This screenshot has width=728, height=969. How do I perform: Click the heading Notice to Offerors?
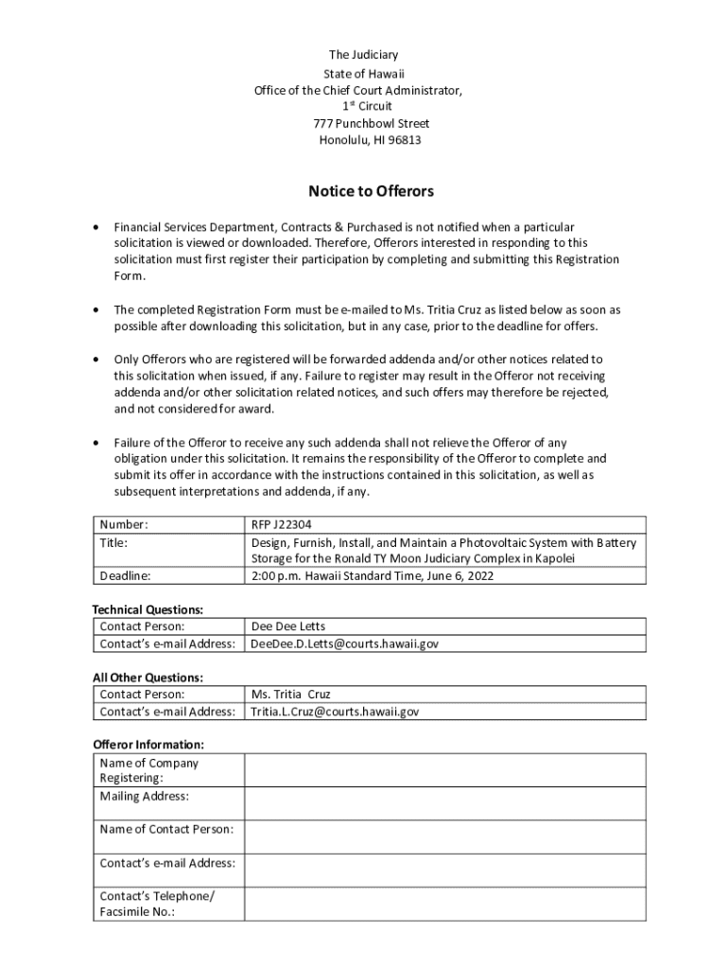click(371, 191)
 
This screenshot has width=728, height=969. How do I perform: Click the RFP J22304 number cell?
click(281, 524)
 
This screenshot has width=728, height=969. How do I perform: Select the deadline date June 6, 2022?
click(459, 575)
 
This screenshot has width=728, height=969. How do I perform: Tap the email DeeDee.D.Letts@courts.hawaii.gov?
click(344, 643)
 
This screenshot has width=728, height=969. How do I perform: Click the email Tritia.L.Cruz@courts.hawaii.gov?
click(334, 712)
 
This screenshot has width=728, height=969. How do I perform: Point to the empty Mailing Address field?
click(444, 802)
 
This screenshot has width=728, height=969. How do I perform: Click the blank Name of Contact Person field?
click(444, 836)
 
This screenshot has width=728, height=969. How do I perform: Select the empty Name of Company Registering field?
click(444, 770)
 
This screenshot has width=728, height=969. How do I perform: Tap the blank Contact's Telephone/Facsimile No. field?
click(444, 903)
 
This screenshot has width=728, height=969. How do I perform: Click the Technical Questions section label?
click(147, 609)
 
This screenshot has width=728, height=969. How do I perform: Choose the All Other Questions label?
click(147, 678)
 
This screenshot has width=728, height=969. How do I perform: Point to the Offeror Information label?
click(147, 745)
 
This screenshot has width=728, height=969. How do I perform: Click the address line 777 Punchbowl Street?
click(371, 123)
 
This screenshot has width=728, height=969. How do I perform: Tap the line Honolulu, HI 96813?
click(370, 140)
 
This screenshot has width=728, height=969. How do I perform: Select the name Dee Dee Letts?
click(287, 626)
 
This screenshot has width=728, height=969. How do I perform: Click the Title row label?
click(113, 543)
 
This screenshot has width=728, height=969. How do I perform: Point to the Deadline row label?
click(125, 575)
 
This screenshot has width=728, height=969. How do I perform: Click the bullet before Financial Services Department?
click(95, 228)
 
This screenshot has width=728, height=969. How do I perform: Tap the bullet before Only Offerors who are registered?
click(95, 360)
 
